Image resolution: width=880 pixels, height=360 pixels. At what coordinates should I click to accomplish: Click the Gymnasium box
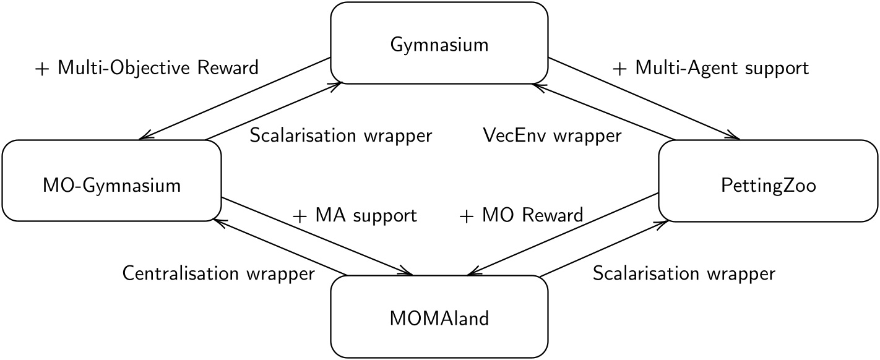pyautogui.click(x=439, y=44)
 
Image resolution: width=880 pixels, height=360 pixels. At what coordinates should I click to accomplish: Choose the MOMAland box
pyautogui.click(x=439, y=319)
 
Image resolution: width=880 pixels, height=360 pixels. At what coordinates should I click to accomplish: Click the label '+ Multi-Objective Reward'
pyautogui.click(x=147, y=68)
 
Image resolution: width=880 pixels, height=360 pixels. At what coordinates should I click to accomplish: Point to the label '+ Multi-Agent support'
pyautogui.click(x=710, y=68)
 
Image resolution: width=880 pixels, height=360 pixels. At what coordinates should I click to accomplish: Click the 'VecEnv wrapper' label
pyautogui.click(x=552, y=135)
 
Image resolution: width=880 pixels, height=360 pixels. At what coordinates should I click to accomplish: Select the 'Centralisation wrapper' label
pyautogui.click(x=218, y=273)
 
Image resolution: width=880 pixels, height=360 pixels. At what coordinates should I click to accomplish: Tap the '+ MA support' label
pyautogui.click(x=355, y=215)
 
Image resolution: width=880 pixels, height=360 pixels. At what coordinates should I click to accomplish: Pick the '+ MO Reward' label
pyautogui.click(x=521, y=215)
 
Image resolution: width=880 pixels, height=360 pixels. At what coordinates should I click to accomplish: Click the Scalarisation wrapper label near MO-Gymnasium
pyautogui.click(x=340, y=135)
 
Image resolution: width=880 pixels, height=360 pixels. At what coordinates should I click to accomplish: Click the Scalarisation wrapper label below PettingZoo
pyautogui.click(x=684, y=273)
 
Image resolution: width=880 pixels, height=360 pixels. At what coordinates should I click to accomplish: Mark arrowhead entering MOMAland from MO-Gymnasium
pyautogui.click(x=410, y=273)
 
